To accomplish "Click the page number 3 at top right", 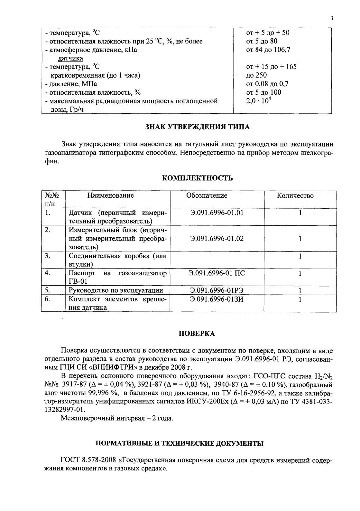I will pyautogui.click(x=331, y=18).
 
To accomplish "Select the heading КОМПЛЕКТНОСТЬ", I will pyautogui.click(x=197, y=178).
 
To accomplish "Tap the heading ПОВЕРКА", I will pyautogui.click(x=197, y=334).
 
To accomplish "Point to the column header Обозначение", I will pyautogui.click(x=207, y=195).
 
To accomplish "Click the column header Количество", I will pyautogui.click(x=295, y=195).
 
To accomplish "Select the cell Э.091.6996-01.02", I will pyautogui.click(x=217, y=239).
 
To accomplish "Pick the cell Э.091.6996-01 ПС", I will pyautogui.click(x=217, y=273).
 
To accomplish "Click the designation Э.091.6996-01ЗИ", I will pyautogui.click(x=217, y=299).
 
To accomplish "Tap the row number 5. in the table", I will pyautogui.click(x=48, y=290).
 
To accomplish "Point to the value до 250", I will pyautogui.click(x=256, y=75).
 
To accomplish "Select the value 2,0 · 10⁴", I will pyautogui.click(x=257, y=101).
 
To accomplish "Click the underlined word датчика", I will pyautogui.click(x=70, y=58).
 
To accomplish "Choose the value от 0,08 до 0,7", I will pyautogui.click(x=267, y=84).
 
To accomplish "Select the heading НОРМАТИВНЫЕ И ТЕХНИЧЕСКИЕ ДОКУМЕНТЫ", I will pyautogui.click(x=180, y=443).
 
